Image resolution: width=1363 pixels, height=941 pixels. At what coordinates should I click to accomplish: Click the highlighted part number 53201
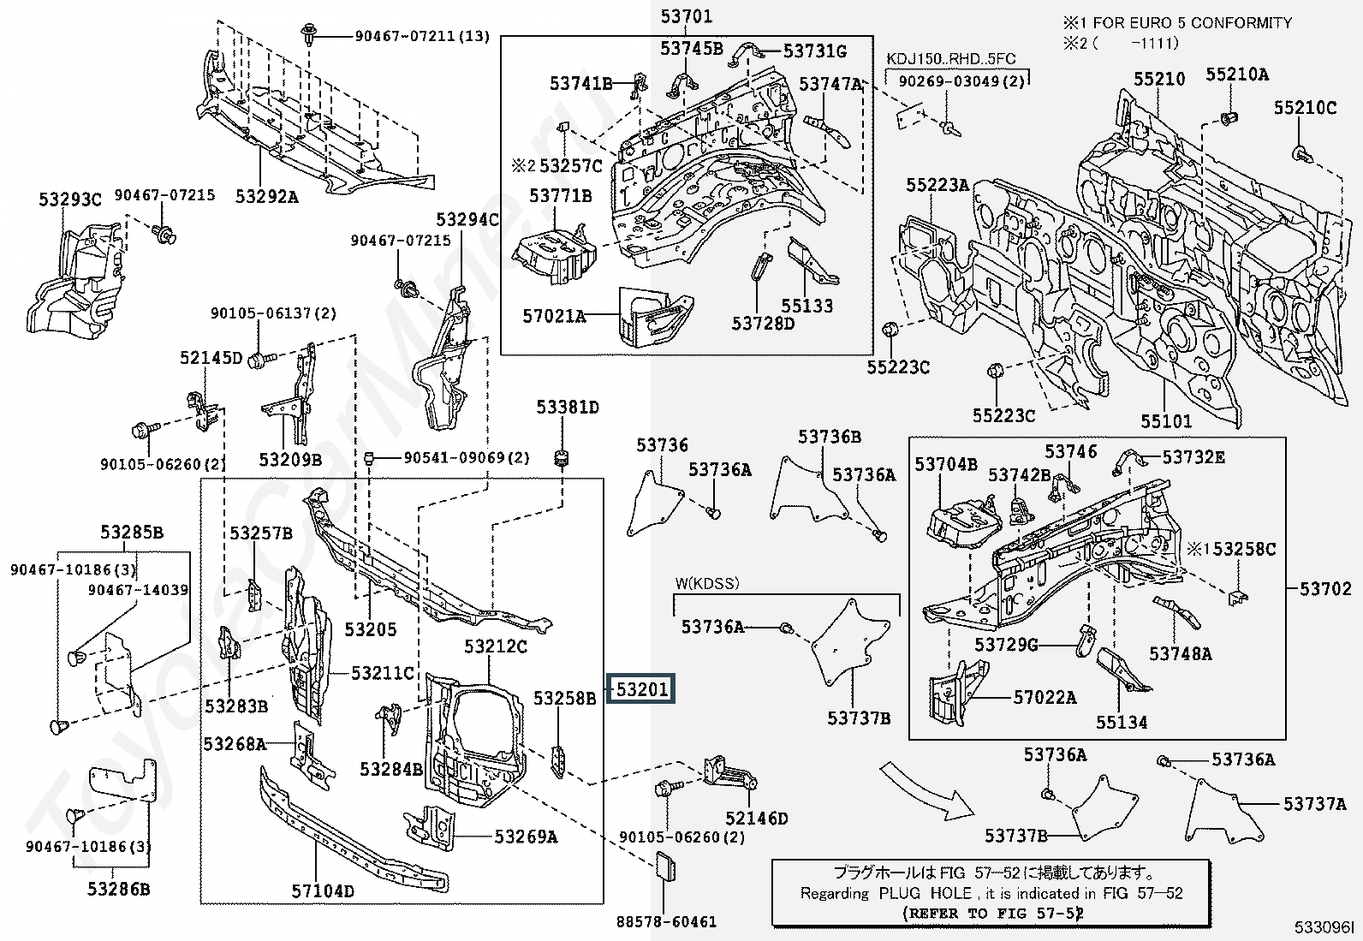642,689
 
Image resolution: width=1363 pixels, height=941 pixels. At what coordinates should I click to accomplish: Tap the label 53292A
266,197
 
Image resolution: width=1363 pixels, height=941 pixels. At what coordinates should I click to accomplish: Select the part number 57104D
323,891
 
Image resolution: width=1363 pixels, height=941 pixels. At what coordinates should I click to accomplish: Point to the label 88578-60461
666,921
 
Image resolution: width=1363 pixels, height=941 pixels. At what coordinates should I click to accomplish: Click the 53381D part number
567,407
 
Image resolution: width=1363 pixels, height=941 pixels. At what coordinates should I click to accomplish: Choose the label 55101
1166,420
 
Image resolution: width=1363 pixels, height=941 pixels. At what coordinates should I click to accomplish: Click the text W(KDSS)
707,583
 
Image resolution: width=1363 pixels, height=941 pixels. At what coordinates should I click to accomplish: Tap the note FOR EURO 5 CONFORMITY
1193,22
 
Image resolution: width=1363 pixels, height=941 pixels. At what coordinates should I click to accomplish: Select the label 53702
1325,588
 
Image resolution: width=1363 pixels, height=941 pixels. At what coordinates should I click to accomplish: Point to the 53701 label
687,16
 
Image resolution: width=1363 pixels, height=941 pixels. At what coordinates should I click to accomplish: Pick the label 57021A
554,316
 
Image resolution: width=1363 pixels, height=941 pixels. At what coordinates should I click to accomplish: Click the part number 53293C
70,200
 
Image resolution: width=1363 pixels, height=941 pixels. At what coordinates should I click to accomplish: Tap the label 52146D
756,818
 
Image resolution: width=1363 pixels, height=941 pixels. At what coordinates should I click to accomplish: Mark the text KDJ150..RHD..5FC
951,59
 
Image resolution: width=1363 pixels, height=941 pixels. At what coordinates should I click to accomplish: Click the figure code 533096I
1324,927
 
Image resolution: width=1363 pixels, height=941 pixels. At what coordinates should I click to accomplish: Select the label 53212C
496,646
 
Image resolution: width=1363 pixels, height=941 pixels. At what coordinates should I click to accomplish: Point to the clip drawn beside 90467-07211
310,36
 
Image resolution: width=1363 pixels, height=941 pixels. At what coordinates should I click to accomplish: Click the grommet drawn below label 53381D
561,459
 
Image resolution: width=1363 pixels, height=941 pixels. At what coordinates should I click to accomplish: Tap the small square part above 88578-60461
664,867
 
